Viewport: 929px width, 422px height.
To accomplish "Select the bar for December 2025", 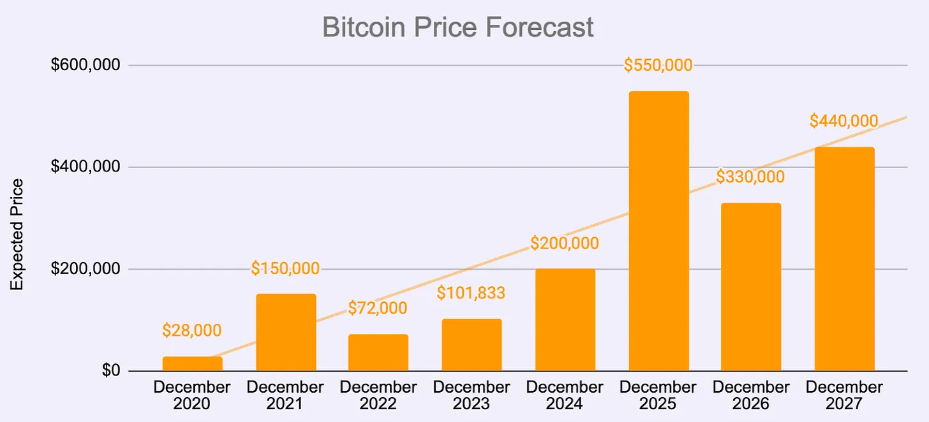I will pyautogui.click(x=658, y=231).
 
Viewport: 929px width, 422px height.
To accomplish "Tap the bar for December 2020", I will pyautogui.click(x=192, y=363).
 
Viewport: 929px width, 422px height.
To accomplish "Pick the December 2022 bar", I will pyautogui.click(x=378, y=353).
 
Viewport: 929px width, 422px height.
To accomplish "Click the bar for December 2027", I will pyautogui.click(x=844, y=259).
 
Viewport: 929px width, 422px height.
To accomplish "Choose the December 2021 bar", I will pyautogui.click(x=286, y=332).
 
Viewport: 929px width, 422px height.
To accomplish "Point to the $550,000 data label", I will pyautogui.click(x=658, y=65).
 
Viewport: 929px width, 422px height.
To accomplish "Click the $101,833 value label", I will pyautogui.click(x=471, y=293).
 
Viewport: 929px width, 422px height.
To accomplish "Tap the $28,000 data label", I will pyautogui.click(x=191, y=330).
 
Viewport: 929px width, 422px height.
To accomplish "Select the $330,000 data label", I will pyautogui.click(x=750, y=177).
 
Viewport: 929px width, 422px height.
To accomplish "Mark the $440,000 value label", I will pyautogui.click(x=844, y=120).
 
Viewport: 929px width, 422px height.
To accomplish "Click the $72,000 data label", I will pyautogui.click(x=378, y=309).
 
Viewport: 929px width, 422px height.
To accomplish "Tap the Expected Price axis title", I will pyautogui.click(x=17, y=235).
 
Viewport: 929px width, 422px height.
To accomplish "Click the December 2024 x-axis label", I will pyautogui.click(x=565, y=395).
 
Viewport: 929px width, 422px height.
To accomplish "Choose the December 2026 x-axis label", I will pyautogui.click(x=751, y=395).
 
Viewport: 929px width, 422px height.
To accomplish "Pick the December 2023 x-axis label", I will pyautogui.click(x=472, y=395).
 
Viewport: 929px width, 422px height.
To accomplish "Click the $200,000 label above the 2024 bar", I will pyautogui.click(x=565, y=243).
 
